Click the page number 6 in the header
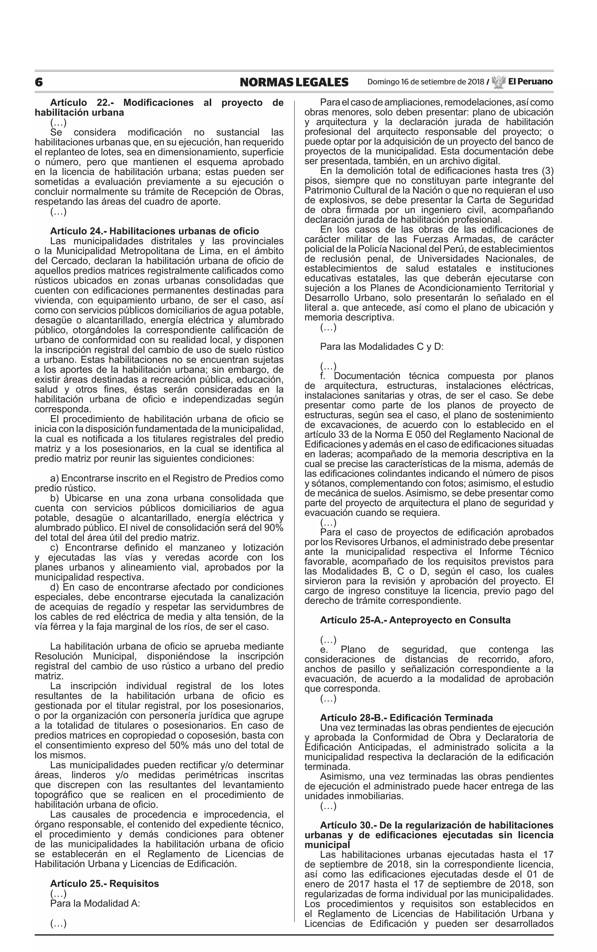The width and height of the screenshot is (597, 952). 39,82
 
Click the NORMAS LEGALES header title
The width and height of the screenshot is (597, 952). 294,82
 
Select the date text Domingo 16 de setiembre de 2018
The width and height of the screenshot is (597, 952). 425,82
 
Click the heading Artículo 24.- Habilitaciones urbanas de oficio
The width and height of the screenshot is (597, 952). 154,231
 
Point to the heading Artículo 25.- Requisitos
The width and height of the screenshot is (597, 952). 104,883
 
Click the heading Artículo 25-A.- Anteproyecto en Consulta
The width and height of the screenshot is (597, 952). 415,620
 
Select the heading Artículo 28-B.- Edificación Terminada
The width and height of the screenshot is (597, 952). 406,718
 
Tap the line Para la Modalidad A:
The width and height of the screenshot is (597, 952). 95,903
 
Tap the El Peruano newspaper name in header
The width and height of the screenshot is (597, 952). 530,82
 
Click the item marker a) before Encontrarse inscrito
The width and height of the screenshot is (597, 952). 55,478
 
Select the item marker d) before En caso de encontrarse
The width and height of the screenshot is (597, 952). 55,587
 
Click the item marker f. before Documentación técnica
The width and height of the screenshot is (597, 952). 323,376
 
